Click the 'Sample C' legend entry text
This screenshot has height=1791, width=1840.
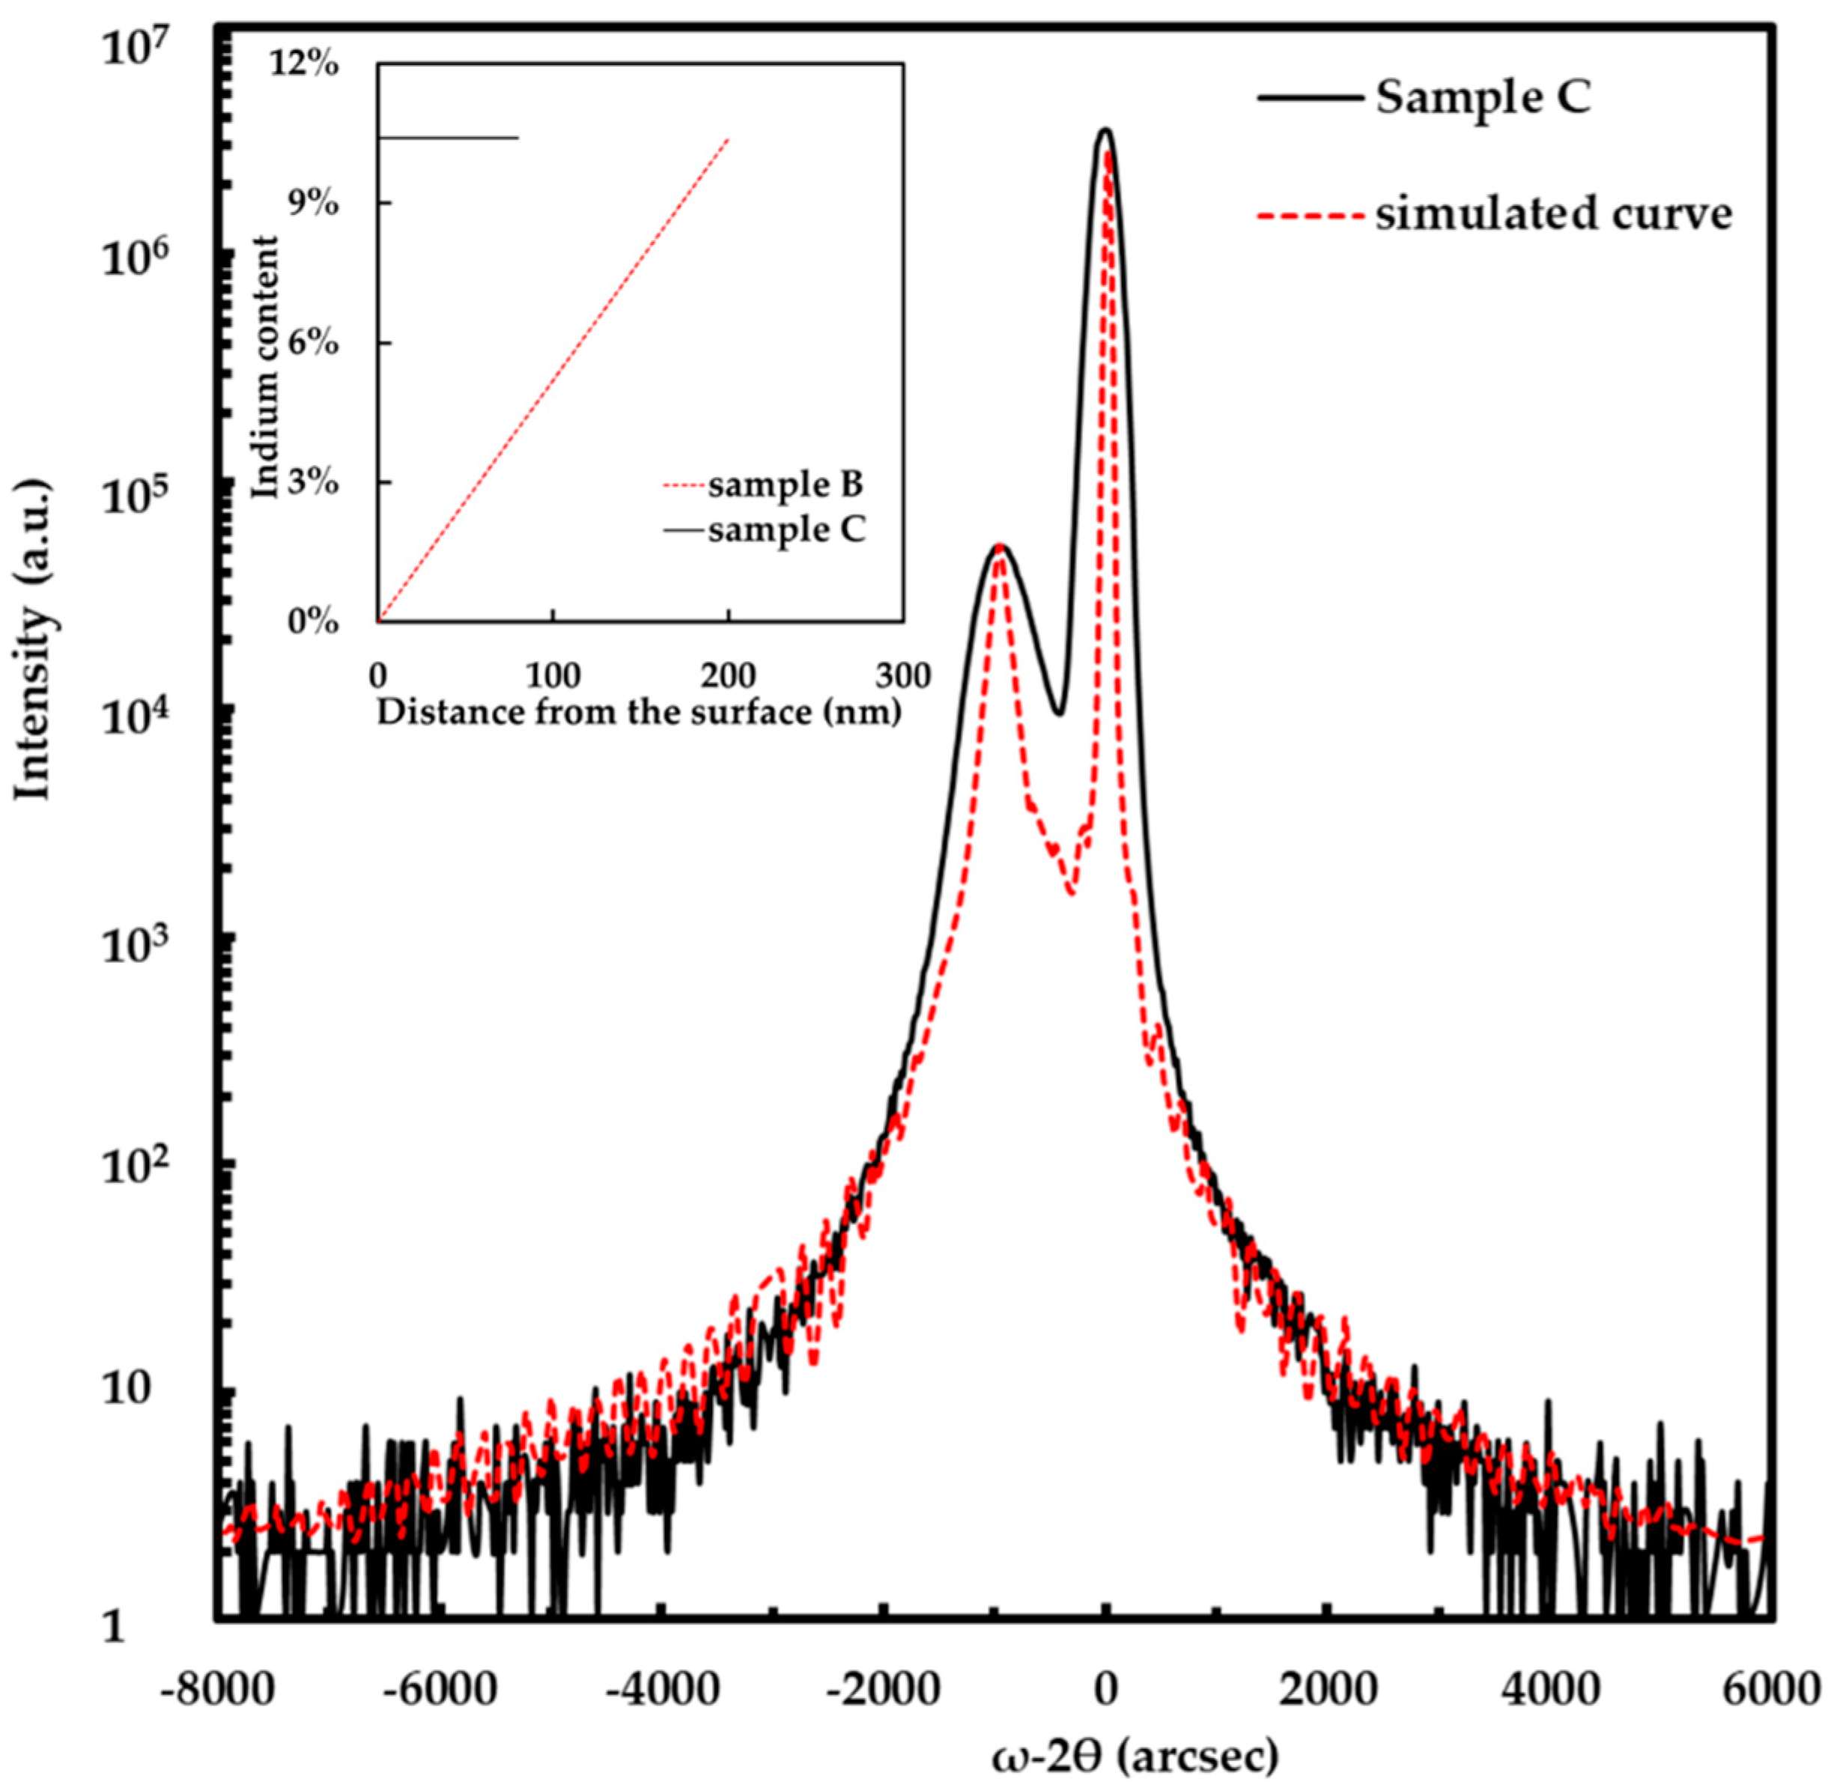(x=1484, y=99)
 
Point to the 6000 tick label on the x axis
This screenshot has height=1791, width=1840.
(x=1771, y=1689)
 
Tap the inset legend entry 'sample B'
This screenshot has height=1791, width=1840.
(x=786, y=485)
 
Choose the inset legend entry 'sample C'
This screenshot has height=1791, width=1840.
(x=786, y=531)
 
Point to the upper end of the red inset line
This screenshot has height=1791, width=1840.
(x=728, y=139)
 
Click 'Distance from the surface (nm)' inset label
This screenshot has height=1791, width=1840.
(x=640, y=712)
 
